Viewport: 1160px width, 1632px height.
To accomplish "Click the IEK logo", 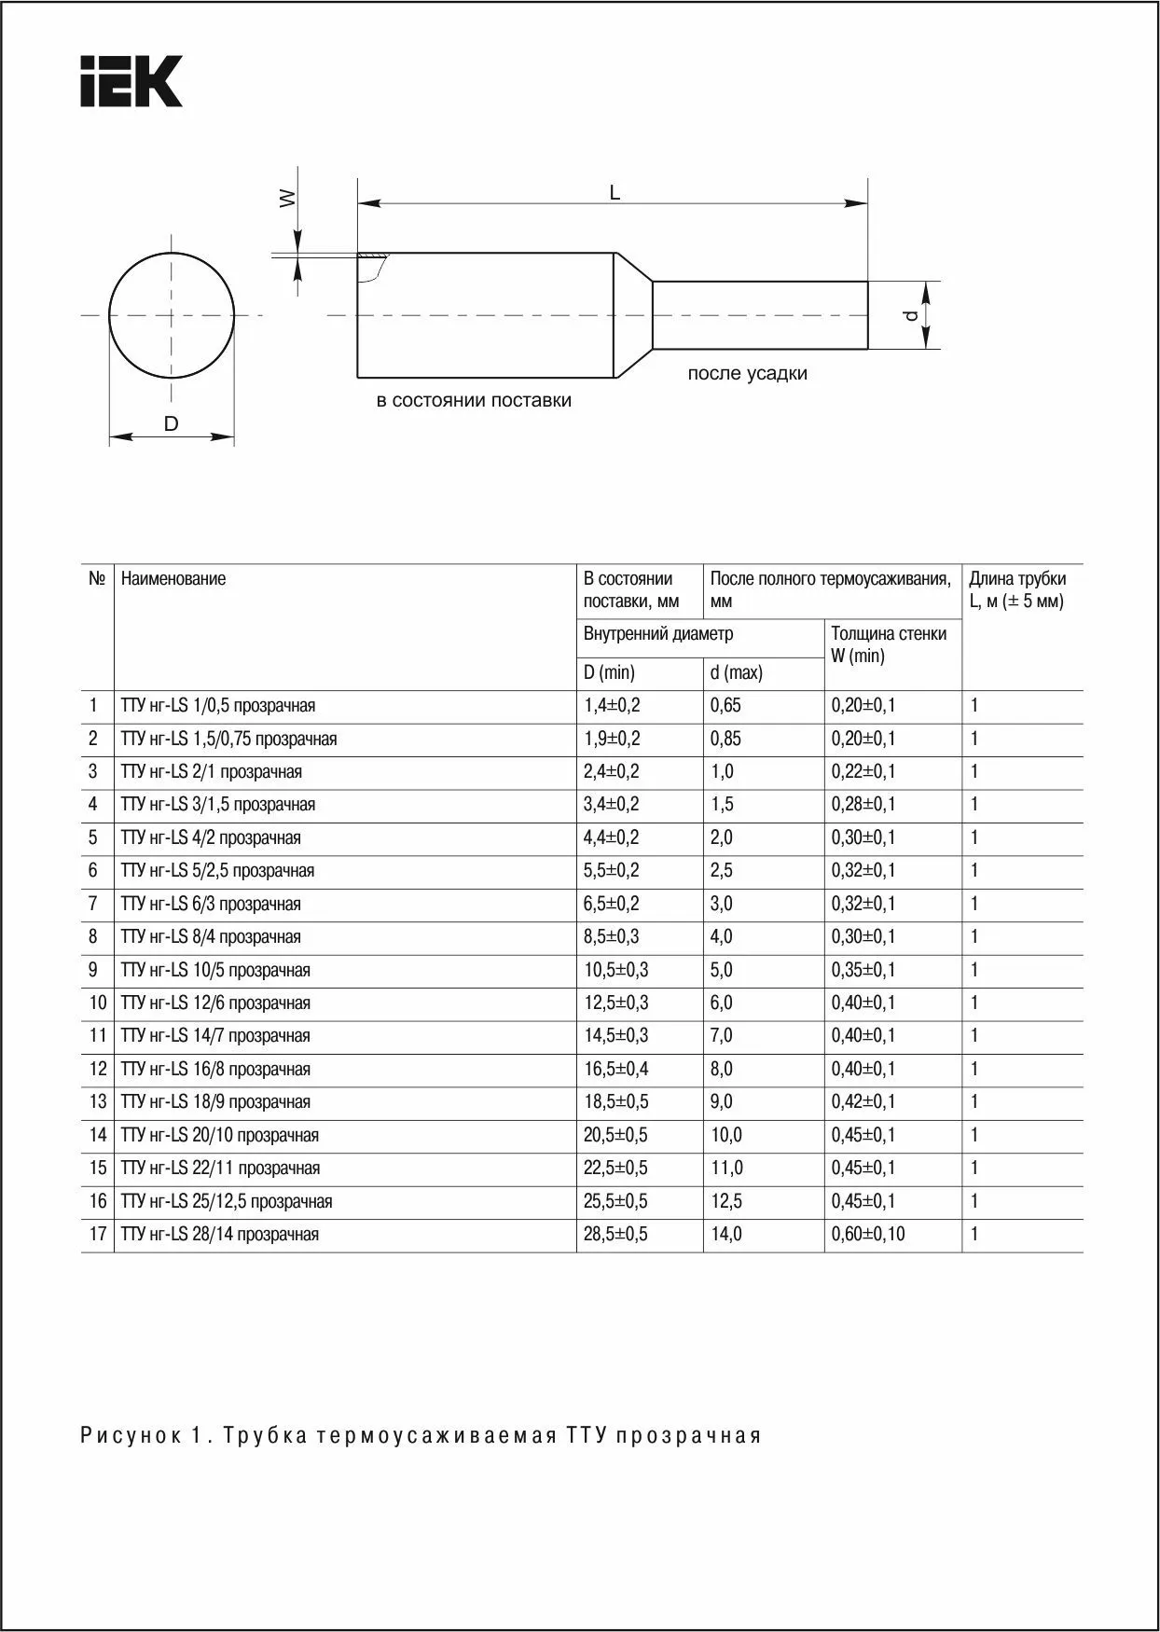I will coord(131,81).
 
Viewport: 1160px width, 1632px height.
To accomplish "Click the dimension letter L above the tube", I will coord(615,193).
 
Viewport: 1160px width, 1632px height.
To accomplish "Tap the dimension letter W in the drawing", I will coord(288,198).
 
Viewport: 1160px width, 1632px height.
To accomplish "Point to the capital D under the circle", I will coord(171,423).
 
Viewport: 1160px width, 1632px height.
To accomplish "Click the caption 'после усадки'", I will coord(747,373).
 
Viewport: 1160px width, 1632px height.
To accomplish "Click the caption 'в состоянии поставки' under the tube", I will coord(474,400).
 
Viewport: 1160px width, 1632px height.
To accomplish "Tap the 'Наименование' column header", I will coord(173,578).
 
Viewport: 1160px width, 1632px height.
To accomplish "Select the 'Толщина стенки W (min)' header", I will coord(889,644).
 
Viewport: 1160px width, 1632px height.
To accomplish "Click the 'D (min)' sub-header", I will coord(609,672).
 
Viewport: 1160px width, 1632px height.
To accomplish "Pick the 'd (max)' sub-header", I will coord(736,672).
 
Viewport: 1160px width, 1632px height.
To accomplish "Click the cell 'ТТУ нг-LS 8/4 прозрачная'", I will coord(211,936).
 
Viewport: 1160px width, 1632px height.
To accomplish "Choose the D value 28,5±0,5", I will coord(615,1234).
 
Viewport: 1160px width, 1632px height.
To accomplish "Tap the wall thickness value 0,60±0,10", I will coord(867,1234).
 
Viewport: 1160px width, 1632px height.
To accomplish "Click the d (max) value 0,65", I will coord(725,705).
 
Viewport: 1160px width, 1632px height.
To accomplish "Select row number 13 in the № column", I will coord(98,1101).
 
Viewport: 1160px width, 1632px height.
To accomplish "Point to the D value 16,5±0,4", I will coord(615,1069).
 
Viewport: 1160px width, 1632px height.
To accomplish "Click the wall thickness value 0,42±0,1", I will coord(863,1101).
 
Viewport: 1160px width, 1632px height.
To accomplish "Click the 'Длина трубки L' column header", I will coord(1016,589).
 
